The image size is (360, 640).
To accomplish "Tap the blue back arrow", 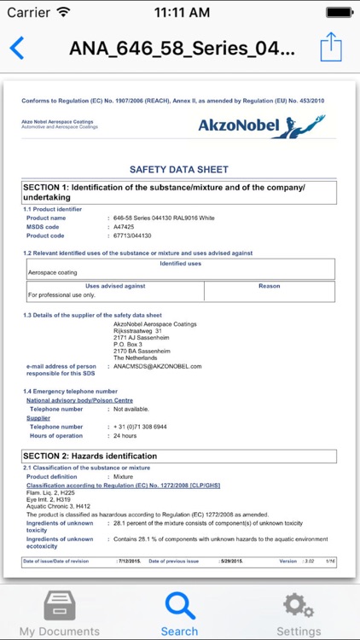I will click(16, 48).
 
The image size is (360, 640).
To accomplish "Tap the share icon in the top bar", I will click(330, 47).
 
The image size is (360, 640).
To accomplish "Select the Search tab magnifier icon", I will click(179, 606).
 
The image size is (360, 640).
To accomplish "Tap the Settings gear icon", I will click(299, 606).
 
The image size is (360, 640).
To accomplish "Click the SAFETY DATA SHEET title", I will click(178, 170).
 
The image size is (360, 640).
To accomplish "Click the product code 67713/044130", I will click(133, 236).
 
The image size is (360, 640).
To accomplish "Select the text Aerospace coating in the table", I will click(53, 273).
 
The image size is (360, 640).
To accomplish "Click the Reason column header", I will click(269, 286).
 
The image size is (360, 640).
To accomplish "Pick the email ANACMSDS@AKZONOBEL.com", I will click(158, 366).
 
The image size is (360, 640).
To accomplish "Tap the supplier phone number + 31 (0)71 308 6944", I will click(141, 426).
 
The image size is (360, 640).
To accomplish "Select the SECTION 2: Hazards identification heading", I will click(90, 456).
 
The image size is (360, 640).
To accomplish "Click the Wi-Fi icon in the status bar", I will click(64, 13).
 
